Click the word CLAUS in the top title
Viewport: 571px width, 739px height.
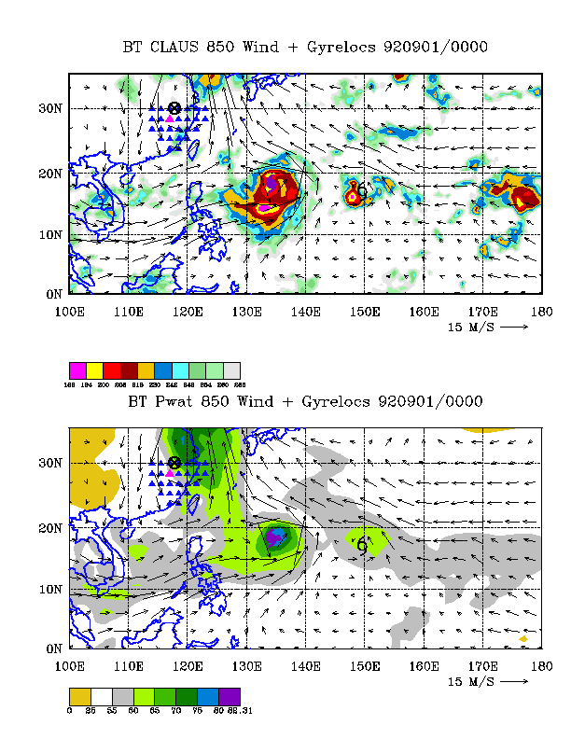(179, 47)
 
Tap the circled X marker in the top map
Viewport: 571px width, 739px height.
(174, 108)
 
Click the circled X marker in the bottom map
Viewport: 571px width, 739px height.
(174, 463)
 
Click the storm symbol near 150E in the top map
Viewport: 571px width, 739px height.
(362, 190)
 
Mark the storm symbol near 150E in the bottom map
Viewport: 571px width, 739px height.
(362, 545)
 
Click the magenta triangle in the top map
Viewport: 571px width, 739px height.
(169, 120)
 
